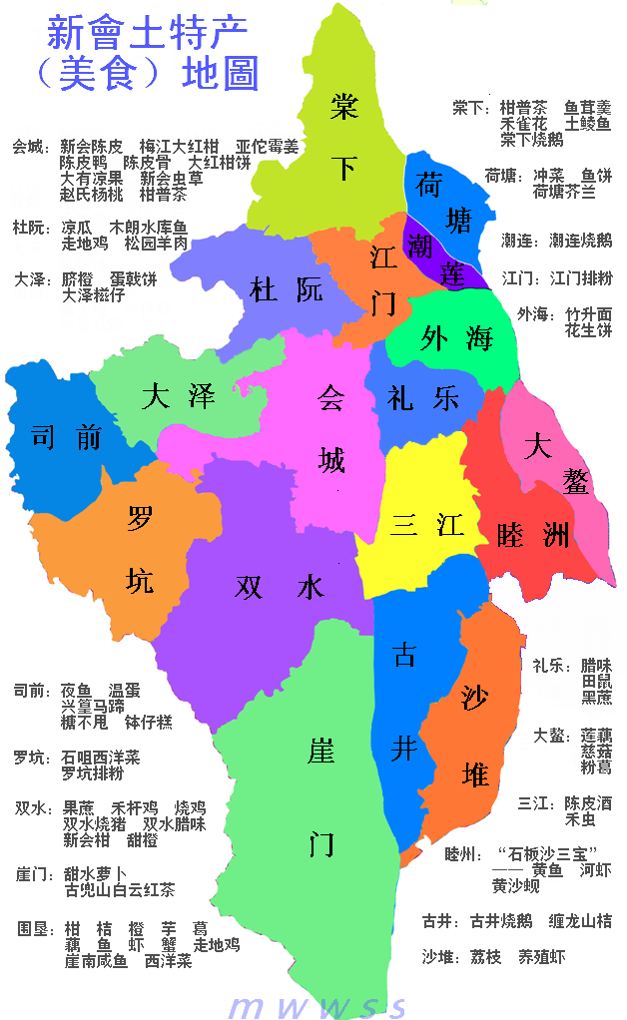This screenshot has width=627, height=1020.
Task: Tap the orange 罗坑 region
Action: point(135,549)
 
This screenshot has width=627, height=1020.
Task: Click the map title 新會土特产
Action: point(146,35)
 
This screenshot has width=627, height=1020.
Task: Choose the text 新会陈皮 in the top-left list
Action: point(91,147)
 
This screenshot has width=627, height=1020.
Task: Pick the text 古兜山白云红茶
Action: point(119,890)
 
